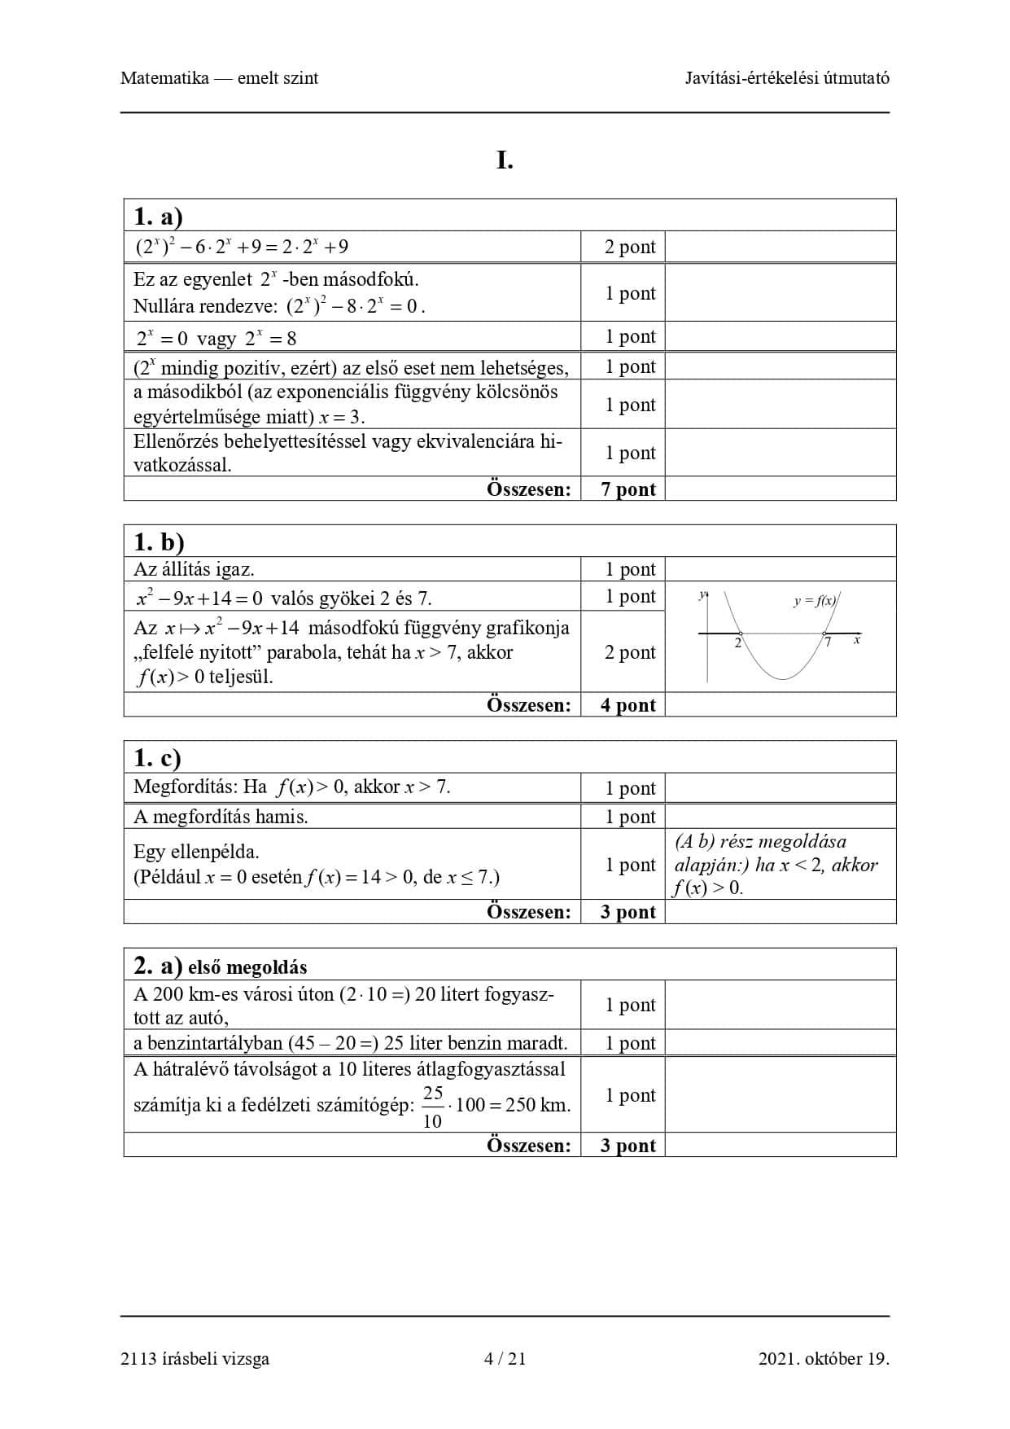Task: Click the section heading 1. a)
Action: pyautogui.click(x=158, y=217)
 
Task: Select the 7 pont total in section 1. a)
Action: pyautogui.click(x=627, y=489)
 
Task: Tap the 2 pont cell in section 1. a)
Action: pyautogui.click(x=629, y=247)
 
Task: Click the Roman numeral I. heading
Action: pyautogui.click(x=505, y=161)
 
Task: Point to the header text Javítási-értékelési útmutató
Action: pyautogui.click(x=786, y=78)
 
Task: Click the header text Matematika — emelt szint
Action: pyautogui.click(x=219, y=78)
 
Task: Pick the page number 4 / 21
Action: pyautogui.click(x=505, y=1358)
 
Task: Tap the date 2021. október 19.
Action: pyautogui.click(x=823, y=1358)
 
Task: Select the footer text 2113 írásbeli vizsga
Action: pyautogui.click(x=195, y=1358)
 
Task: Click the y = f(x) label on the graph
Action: pyautogui.click(x=815, y=602)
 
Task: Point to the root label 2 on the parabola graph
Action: pyautogui.click(x=737, y=643)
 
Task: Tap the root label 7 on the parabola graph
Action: pyautogui.click(x=828, y=643)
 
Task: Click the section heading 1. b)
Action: pyautogui.click(x=159, y=542)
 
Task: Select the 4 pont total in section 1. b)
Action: pyautogui.click(x=627, y=705)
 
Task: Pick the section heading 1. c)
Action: pyautogui.click(x=157, y=758)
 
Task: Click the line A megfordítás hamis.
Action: pyautogui.click(x=221, y=817)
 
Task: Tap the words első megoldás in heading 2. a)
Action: pyautogui.click(x=247, y=967)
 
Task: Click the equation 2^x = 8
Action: pyautogui.click(x=270, y=338)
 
